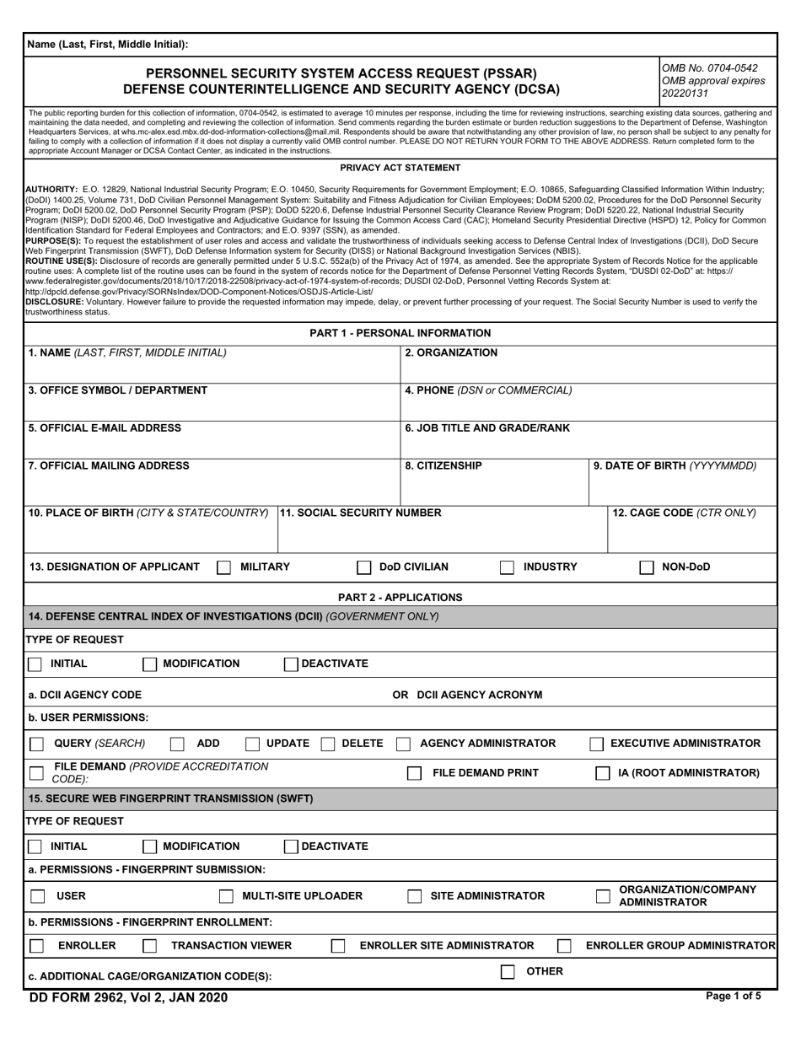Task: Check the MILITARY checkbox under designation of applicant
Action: pos(223,567)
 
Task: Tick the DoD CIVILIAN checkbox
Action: pos(364,567)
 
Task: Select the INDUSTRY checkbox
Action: pos(507,567)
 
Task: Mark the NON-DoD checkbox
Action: pos(647,567)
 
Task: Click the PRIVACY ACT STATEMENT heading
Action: pos(400,168)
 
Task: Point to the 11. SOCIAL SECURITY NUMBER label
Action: pos(360,513)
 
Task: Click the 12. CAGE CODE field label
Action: pos(684,513)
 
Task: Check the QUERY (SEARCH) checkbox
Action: pos(37,744)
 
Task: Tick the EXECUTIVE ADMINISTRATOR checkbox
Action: pos(596,744)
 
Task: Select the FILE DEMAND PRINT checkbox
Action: pos(414,773)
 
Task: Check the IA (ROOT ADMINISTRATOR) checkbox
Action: pos(603,773)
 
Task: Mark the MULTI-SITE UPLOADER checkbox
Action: pos(226,896)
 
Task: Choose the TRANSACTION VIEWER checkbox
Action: pos(149,946)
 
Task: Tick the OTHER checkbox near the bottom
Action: pos(508,971)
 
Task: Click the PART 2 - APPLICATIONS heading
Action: pos(400,597)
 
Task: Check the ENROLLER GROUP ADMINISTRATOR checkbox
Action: pos(564,946)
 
